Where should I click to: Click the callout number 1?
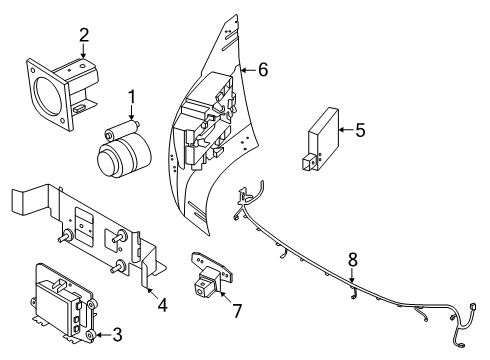tap(132, 97)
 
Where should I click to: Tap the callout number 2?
tap(84, 35)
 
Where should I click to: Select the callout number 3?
tap(117, 335)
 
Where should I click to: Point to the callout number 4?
tap(162, 305)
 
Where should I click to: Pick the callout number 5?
tap(360, 130)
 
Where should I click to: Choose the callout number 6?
tap(263, 70)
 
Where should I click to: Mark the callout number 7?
tap(237, 311)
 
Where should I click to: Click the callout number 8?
tap(353, 259)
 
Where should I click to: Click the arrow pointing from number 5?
tap(346, 130)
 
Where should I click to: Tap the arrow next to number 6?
tap(248, 70)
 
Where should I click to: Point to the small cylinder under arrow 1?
tap(122, 130)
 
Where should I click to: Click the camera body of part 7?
tap(205, 283)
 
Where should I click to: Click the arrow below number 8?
tap(352, 276)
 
